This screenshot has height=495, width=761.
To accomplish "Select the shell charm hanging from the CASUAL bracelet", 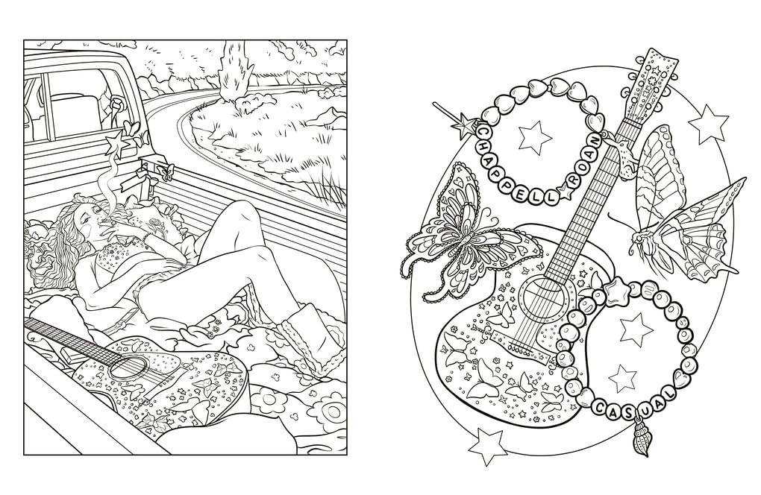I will tap(641, 441).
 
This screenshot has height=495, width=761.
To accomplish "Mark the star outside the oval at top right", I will tap(708, 124).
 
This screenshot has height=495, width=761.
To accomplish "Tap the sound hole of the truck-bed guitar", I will tap(134, 367).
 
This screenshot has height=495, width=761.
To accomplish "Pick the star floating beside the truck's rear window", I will tap(118, 142).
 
